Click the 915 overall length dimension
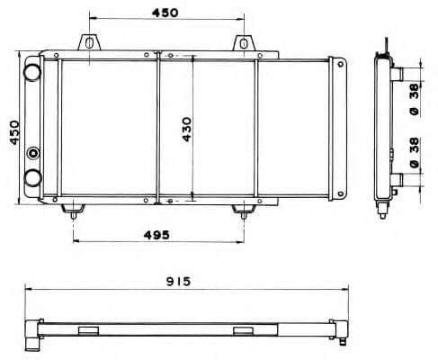point(178,282)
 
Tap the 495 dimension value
point(156,235)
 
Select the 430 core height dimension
point(186,130)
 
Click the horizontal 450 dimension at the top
point(165,13)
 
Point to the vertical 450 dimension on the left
point(14,132)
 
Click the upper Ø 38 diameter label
point(415,100)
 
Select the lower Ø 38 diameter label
point(415,152)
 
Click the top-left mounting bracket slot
point(89,42)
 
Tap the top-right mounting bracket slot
point(244,43)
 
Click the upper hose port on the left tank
point(32,72)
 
